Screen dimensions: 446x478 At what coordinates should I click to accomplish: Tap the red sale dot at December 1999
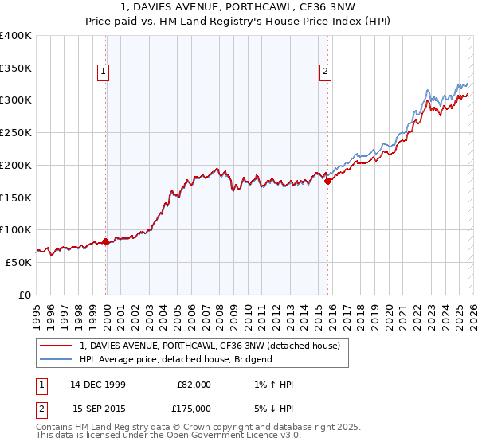click(x=106, y=241)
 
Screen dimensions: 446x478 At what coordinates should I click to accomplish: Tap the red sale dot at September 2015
click(x=327, y=181)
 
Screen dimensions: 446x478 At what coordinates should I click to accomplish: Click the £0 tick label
click(x=24, y=295)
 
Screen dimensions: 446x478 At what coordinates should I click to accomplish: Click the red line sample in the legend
click(x=57, y=346)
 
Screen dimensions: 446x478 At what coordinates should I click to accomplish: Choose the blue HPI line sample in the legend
click(x=57, y=359)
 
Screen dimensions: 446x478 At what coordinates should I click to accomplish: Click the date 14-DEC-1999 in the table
click(x=98, y=385)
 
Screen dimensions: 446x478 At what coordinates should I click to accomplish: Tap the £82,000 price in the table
click(x=194, y=385)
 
